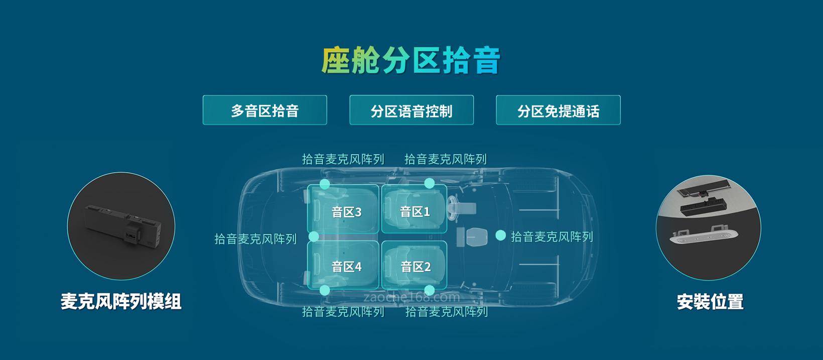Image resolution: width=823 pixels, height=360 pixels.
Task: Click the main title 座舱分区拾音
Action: coord(411,60)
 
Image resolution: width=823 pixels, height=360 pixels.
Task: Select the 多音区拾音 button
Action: coord(264,110)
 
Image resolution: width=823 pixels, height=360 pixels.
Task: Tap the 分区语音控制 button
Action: coord(411,110)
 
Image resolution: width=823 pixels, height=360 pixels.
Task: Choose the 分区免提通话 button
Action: coord(558,110)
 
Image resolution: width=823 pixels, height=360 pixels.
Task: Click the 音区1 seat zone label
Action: coord(415,211)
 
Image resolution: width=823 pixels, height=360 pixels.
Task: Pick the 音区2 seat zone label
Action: coord(415,267)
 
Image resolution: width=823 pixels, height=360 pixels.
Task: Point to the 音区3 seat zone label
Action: coord(346,212)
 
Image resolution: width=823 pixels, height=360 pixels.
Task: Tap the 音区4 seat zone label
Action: coord(346,267)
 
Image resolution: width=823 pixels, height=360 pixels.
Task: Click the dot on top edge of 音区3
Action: coord(325,184)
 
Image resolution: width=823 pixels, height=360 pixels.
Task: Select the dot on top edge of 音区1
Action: coord(429,183)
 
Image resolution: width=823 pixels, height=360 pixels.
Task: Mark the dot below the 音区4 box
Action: coord(325,290)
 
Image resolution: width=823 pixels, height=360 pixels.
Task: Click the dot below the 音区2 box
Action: coord(429,290)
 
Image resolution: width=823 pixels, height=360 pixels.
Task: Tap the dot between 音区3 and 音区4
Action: coord(314,236)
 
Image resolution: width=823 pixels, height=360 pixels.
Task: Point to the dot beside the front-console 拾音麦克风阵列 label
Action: coord(500,235)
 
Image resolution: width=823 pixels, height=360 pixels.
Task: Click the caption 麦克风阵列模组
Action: coord(120,301)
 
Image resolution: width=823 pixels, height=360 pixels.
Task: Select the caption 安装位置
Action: coord(710,302)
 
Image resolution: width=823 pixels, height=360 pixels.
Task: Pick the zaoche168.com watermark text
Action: coord(411,297)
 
